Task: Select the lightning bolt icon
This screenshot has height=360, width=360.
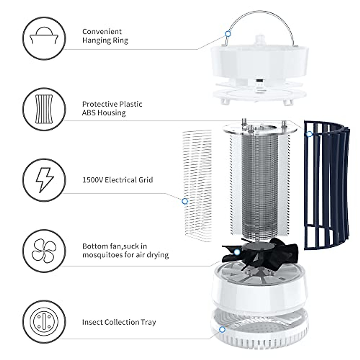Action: click(44, 180)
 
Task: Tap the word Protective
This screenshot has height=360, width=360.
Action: click(99, 104)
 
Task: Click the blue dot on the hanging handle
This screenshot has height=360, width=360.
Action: click(228, 34)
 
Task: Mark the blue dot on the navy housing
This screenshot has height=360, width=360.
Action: click(309, 134)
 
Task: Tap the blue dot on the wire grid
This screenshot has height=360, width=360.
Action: click(185, 201)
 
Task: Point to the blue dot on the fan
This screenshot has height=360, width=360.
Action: click(237, 252)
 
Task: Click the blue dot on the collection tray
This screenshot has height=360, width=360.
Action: click(222, 321)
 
